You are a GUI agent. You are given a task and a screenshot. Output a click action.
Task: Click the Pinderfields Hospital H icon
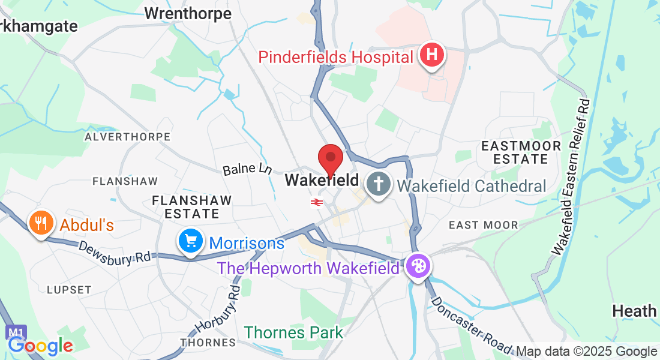tap(432, 56)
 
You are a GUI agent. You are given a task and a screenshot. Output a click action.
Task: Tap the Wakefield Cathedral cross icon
tap(379, 184)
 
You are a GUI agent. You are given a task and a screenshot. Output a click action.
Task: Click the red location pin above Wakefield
tap(330, 160)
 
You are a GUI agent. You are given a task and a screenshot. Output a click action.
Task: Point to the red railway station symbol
tap(316, 202)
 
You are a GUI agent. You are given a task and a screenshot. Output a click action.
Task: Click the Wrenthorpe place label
tap(188, 13)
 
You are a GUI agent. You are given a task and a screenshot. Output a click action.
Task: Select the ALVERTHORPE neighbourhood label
tap(127, 137)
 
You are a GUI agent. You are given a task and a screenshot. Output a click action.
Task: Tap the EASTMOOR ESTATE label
tap(521, 152)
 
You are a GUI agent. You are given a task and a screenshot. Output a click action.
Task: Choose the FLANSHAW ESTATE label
tap(185, 206)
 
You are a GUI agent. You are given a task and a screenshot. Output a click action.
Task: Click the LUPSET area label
tap(69, 290)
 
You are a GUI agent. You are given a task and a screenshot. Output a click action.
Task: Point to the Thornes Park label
tap(293, 332)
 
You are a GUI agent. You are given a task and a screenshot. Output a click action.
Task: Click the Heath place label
tap(634, 311)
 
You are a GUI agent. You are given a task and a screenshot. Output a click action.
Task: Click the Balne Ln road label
tap(247, 170)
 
